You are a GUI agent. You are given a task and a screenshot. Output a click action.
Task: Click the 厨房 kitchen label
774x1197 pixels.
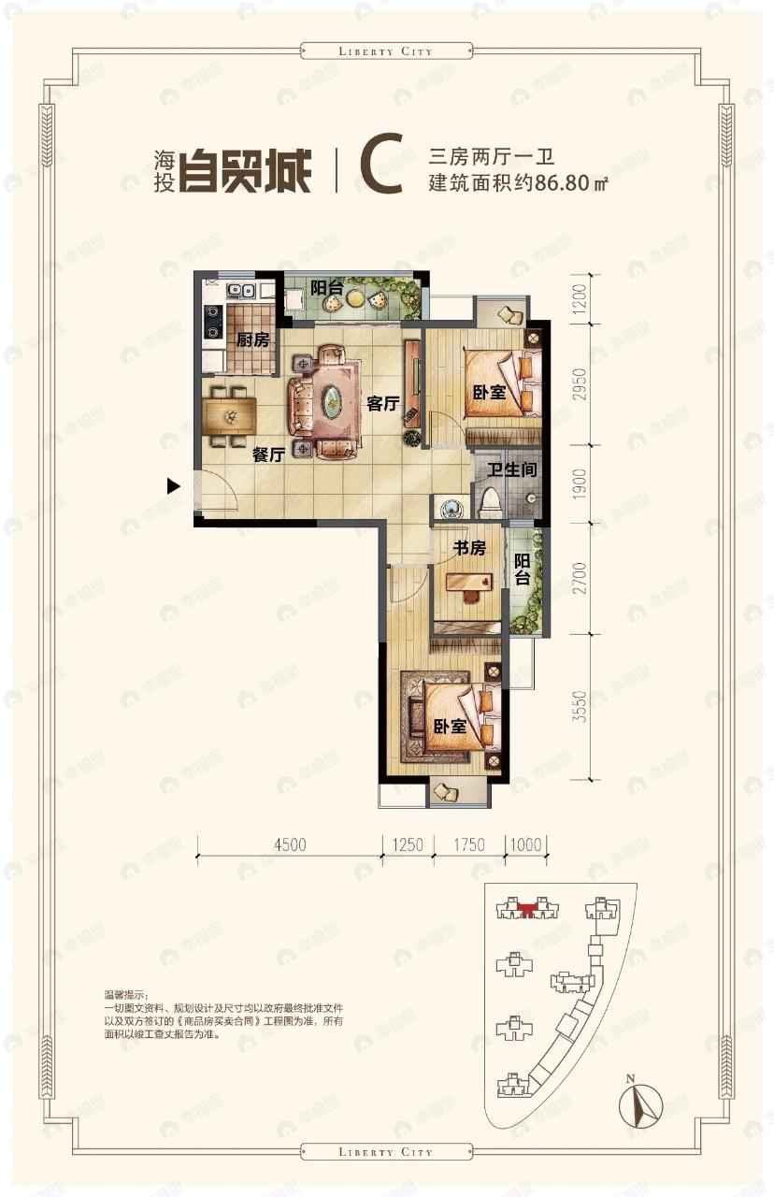click(x=252, y=340)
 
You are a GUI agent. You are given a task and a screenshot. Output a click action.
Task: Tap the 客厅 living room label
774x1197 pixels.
click(x=383, y=404)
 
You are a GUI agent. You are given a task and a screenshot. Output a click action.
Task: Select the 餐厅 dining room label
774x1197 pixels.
click(x=268, y=455)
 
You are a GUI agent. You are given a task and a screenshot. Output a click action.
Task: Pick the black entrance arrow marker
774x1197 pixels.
click(x=173, y=485)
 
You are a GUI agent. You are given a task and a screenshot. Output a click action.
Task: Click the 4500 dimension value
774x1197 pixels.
click(x=290, y=844)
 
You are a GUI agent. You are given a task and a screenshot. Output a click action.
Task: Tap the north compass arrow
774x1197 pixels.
click(x=642, y=1104)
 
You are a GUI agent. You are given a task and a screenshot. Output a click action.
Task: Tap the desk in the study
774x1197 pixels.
click(x=468, y=583)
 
